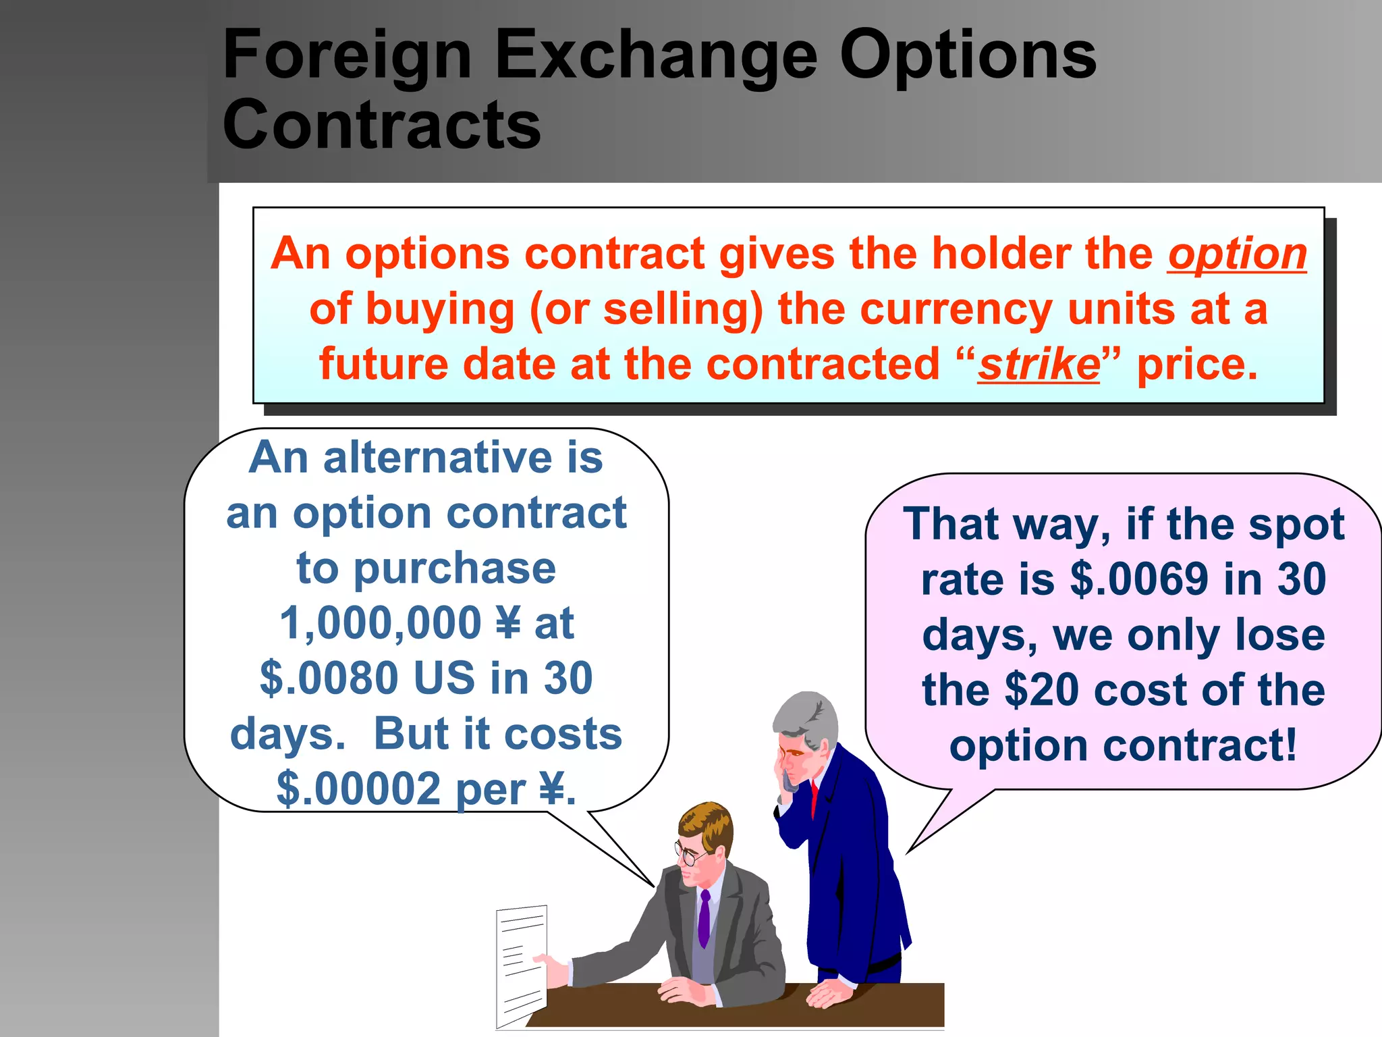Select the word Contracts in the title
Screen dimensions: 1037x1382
381,126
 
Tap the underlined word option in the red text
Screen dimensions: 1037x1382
1237,255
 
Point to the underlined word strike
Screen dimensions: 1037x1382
1039,365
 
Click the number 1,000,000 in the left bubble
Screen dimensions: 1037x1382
381,623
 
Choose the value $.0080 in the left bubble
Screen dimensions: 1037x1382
329,679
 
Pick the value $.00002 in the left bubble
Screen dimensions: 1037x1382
358,789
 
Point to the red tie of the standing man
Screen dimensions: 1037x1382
814,797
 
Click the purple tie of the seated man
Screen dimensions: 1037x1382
704,918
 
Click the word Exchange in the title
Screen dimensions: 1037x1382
655,57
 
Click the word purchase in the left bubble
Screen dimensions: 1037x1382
455,568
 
